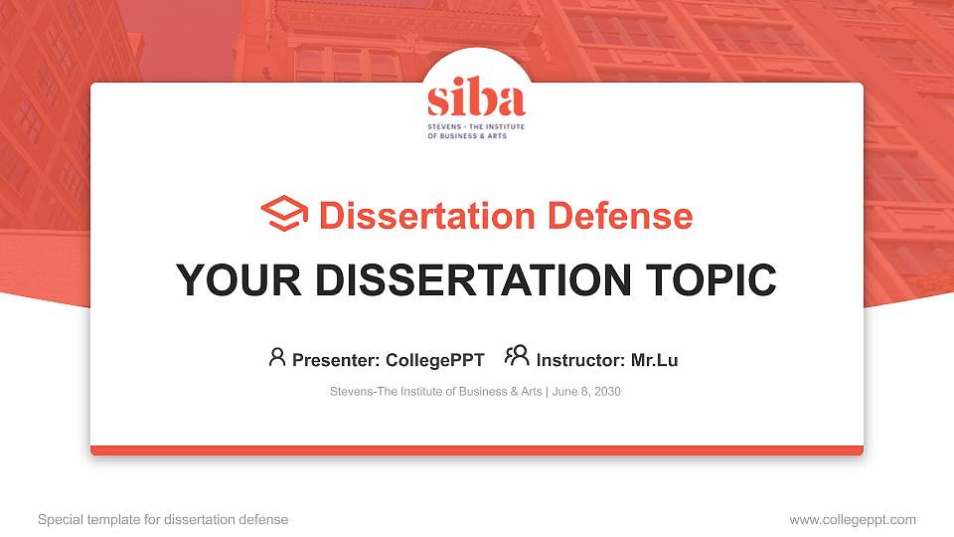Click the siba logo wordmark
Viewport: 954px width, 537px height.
pyautogui.click(x=476, y=100)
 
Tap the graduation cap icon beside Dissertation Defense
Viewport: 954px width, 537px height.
pyautogui.click(x=284, y=215)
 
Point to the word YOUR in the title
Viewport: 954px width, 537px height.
pyautogui.click(x=224, y=280)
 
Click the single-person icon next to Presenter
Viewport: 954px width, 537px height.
pyautogui.click(x=277, y=357)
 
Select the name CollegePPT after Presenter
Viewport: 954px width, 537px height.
pyautogui.click(x=434, y=360)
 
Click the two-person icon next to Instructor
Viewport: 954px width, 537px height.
pyautogui.click(x=517, y=356)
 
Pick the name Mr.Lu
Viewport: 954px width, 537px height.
pyautogui.click(x=655, y=360)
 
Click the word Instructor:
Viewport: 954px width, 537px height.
pyautogui.click(x=580, y=360)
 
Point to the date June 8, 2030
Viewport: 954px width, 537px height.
pyautogui.click(x=586, y=392)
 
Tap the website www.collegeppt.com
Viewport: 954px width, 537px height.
pyautogui.click(x=853, y=520)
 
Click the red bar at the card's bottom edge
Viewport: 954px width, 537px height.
pyautogui.click(x=477, y=450)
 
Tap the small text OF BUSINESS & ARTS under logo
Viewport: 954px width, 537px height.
pyautogui.click(x=467, y=136)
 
